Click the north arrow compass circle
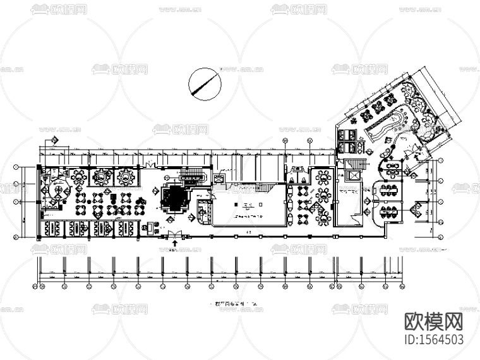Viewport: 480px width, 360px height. pos(205,83)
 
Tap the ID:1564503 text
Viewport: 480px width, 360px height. pos(433,339)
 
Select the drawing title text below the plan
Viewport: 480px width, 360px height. pos(238,304)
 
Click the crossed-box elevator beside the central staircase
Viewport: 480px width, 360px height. pos(219,179)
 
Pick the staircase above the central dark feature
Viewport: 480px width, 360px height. pos(191,175)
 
